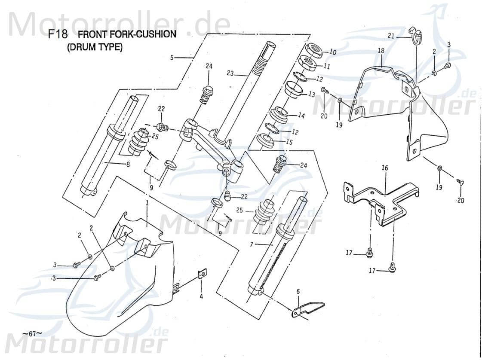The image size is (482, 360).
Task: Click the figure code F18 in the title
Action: [58, 35]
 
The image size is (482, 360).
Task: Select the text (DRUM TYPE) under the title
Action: [95, 47]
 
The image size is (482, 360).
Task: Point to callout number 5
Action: [172, 58]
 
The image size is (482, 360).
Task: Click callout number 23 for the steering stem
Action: [230, 73]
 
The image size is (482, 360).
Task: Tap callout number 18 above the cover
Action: [381, 51]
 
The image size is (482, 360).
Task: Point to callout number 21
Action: [390, 36]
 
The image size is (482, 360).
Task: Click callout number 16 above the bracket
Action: [384, 168]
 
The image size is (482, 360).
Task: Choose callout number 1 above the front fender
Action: [147, 202]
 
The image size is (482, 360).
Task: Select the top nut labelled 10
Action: [316, 50]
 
